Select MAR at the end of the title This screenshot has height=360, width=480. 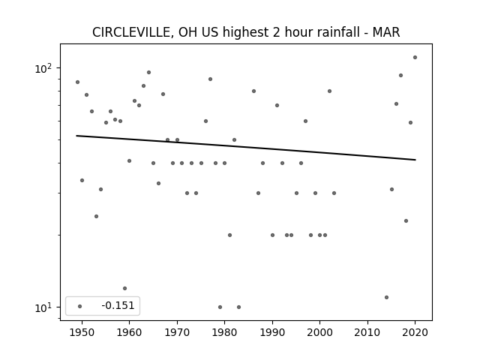pos(386,32)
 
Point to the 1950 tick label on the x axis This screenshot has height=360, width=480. pos(82,332)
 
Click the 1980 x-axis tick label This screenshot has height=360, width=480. pos(224,332)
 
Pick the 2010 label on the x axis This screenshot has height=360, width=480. pos(367,332)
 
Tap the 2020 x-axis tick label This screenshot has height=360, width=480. pos(415,332)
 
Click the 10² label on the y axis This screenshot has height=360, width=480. pos(43,68)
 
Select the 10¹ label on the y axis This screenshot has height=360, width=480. pos(43,307)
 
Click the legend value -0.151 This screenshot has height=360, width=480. pos(118,305)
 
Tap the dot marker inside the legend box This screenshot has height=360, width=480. pos(80,306)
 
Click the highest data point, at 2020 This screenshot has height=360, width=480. pos(415,57)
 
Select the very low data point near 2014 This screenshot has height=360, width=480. pos(387,297)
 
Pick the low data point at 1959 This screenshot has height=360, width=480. pos(124,288)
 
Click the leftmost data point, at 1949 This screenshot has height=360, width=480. pos(77,82)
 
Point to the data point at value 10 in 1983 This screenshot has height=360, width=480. pos(238,307)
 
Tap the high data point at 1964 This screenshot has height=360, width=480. pos(148,72)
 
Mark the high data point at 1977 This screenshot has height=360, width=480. pos(210,79)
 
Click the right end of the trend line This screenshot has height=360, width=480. pos(415,160)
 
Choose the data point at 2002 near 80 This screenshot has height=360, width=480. pos(329,91)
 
